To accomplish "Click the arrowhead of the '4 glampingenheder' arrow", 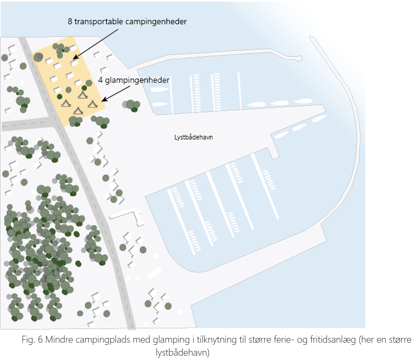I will pos(102,101).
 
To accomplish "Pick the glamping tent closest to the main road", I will pos(66,103).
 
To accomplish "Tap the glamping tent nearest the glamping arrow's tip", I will pos(92,104).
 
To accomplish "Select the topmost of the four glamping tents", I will pos(82,94).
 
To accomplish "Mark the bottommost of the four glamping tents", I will pos(78,110).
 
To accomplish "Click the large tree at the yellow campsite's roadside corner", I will pos(39,57).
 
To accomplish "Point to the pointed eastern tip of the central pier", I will pos(324,106).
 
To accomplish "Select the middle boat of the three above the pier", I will pos(279,103).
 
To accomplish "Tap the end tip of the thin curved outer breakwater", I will pos(312,38).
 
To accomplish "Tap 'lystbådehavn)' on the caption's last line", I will pos(182,351).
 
